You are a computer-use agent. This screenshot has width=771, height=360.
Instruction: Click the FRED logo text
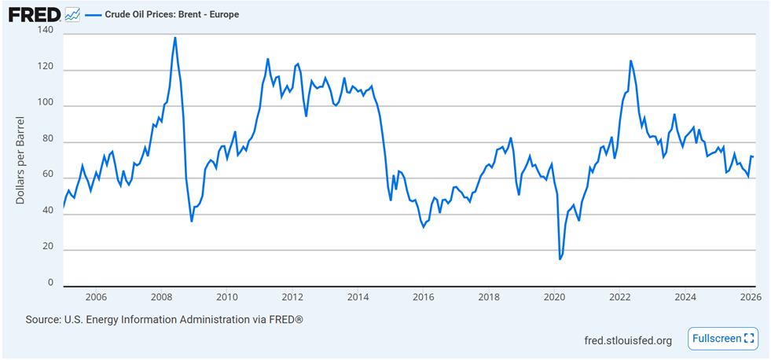[x=34, y=15]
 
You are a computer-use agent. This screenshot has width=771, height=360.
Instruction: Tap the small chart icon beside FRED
[x=72, y=15]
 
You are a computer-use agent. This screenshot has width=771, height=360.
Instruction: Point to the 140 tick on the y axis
[x=46, y=31]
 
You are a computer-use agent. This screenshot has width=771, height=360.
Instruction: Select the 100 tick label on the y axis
[x=46, y=104]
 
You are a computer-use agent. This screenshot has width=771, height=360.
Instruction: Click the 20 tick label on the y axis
[x=48, y=248]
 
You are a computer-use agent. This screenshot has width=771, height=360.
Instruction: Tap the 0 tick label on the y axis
[x=50, y=283]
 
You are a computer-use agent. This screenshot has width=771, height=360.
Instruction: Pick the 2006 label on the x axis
[x=96, y=297]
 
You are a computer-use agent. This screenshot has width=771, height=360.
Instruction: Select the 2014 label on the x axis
[x=358, y=297]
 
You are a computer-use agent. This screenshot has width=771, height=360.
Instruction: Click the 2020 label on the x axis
[x=555, y=297]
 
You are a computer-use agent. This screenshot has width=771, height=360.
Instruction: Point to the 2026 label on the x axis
[x=751, y=297]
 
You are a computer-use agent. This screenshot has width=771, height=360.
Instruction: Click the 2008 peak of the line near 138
[x=174, y=37]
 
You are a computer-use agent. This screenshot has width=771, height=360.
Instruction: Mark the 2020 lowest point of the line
[x=560, y=259]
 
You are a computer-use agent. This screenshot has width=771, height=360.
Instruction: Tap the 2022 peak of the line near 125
[x=630, y=61]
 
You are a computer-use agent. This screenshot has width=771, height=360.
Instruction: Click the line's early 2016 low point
[x=424, y=226]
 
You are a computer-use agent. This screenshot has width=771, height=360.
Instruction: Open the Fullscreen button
[x=723, y=339]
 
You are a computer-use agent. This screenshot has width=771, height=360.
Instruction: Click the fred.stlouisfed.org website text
[x=628, y=340]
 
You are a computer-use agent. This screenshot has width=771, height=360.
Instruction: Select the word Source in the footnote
[x=43, y=320]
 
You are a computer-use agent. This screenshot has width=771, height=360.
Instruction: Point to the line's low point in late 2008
[x=192, y=221]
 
